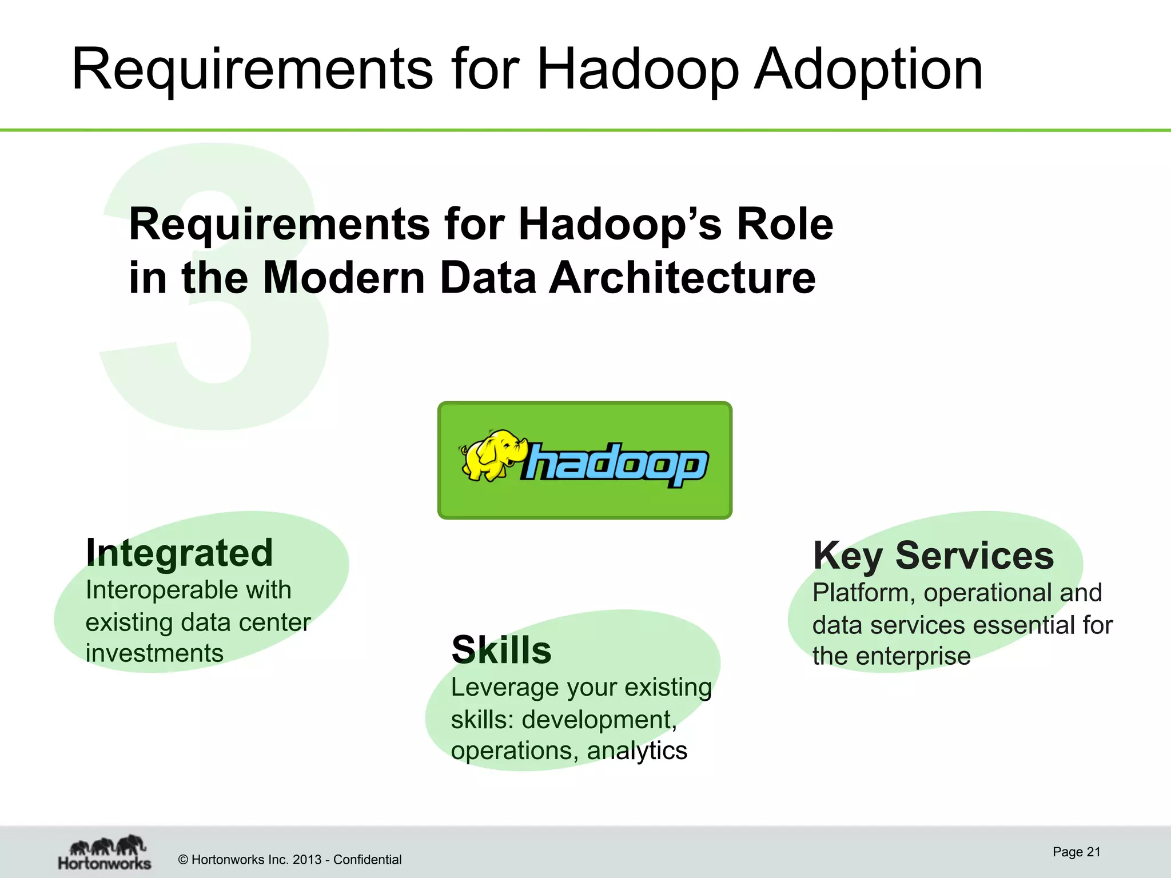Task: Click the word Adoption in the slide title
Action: point(868,70)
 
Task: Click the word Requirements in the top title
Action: point(252,70)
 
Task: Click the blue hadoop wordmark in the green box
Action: point(615,464)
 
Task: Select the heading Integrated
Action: point(180,553)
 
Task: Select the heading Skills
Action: point(501,650)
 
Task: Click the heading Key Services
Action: point(933,556)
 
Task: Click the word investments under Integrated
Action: point(154,653)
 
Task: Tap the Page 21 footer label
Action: point(1076,852)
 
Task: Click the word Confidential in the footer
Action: point(367,860)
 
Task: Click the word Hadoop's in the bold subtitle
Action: point(620,224)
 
